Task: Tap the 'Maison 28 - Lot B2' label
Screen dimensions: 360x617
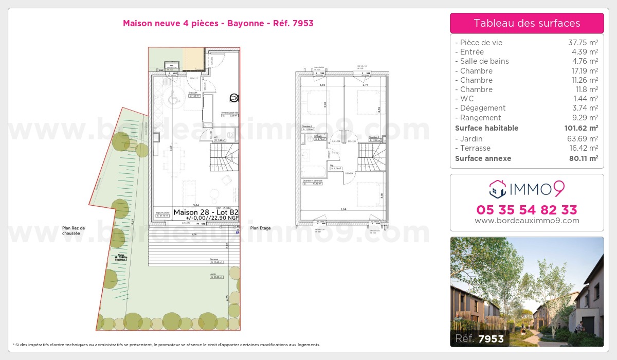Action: [x=206, y=212]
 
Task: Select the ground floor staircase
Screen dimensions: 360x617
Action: [x=224, y=157]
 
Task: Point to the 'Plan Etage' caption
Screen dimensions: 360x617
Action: [x=261, y=228]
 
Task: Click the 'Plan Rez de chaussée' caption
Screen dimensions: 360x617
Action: [x=74, y=230]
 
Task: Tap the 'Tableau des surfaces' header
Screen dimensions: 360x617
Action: [x=527, y=23]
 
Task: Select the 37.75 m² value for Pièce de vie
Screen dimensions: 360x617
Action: [x=582, y=43]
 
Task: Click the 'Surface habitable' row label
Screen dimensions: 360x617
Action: [x=486, y=128]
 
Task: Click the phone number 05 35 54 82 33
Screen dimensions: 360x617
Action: [x=527, y=210]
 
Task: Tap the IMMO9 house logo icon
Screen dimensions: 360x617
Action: [x=497, y=189]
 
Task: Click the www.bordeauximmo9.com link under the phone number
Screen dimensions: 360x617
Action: [x=527, y=221]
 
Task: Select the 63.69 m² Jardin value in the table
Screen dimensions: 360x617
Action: [x=582, y=139]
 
